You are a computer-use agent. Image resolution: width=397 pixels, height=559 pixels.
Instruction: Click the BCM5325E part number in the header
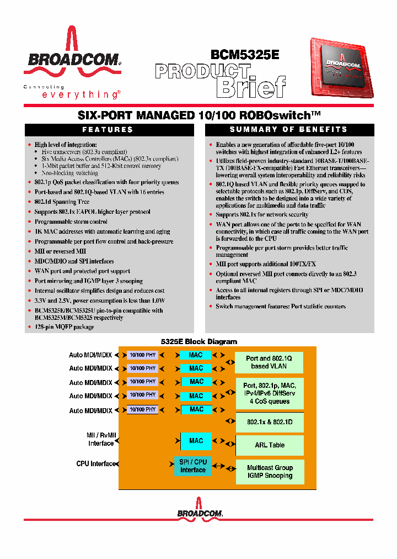coord(245,55)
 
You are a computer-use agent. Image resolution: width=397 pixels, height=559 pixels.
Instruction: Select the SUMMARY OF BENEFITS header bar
coord(289,130)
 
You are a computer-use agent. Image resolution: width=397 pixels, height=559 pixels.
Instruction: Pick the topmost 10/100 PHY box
coord(142,355)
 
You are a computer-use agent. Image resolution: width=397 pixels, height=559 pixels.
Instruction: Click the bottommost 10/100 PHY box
coord(142,409)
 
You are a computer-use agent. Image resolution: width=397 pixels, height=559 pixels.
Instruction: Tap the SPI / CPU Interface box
coord(192,466)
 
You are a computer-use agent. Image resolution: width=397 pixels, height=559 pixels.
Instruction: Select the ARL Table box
coord(270,445)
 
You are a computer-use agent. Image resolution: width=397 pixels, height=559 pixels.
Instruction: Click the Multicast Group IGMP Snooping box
coord(270,472)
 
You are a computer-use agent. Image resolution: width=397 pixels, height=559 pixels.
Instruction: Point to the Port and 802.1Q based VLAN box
coord(270,362)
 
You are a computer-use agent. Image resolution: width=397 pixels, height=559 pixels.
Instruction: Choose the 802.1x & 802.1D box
coord(270,422)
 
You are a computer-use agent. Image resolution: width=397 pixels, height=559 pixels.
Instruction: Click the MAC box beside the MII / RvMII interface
coord(196,441)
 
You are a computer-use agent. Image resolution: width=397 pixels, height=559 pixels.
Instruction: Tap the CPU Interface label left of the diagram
coord(96,464)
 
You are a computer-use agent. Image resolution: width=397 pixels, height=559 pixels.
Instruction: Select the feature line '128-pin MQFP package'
coord(64,327)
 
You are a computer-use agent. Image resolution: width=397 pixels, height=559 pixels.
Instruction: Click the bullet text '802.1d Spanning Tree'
coord(62,202)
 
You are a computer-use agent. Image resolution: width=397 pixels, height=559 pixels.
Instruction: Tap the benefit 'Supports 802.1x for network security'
coord(262,214)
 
